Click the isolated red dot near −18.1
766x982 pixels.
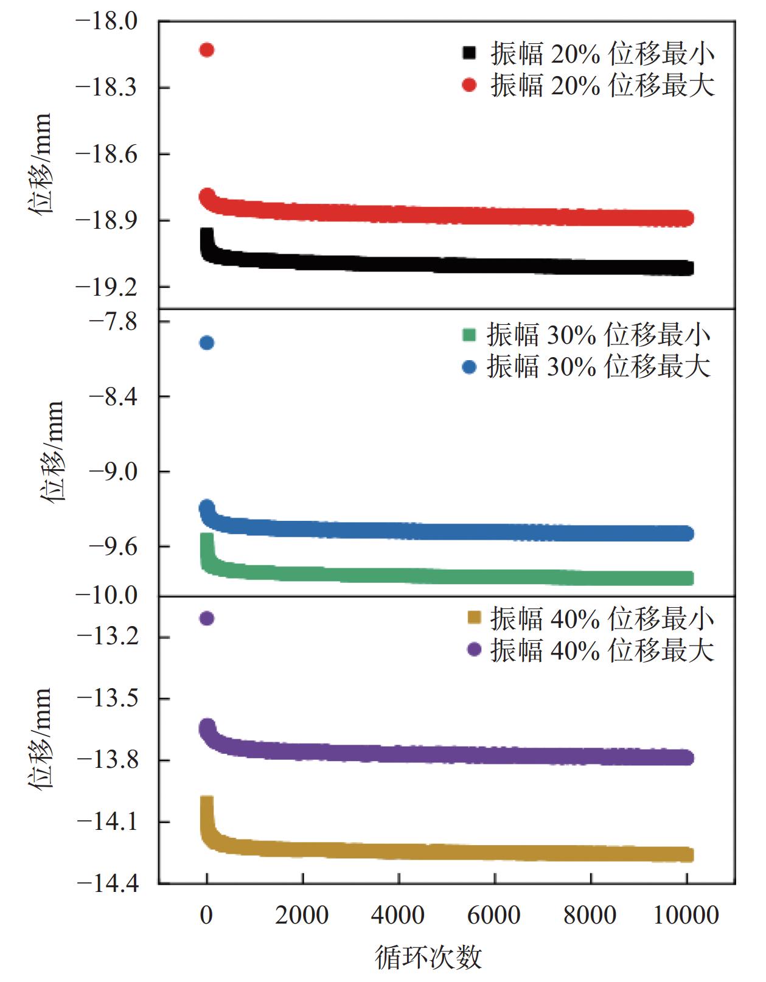pos(207,50)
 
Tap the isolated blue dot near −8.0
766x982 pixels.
pos(207,343)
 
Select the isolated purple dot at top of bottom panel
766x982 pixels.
pos(207,619)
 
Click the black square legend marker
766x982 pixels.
pos(469,54)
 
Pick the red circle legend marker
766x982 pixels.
pos(469,85)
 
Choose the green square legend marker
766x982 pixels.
pos(469,335)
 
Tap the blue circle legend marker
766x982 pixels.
pos(469,367)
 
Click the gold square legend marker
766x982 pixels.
pos(473,618)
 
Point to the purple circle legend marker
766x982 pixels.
pos(473,650)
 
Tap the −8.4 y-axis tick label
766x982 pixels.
pos(113,397)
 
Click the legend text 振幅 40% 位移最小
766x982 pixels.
pos(602,619)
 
